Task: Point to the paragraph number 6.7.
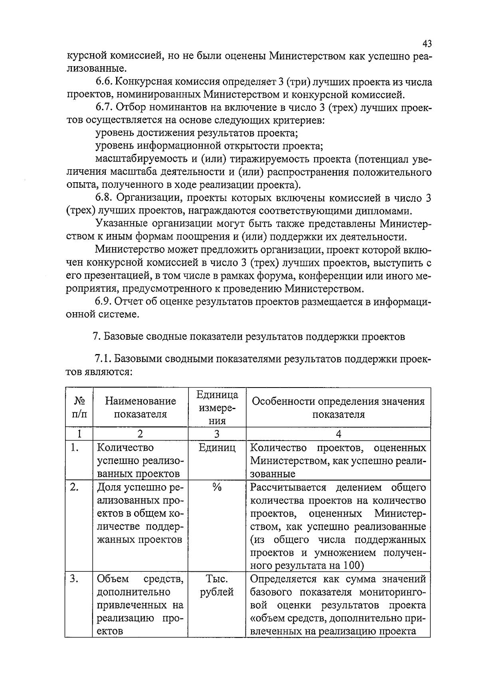(x=105, y=108)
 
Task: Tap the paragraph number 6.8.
(x=105, y=198)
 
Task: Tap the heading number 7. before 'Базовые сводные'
(x=96, y=337)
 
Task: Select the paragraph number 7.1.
(x=104, y=359)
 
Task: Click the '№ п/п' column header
(x=79, y=407)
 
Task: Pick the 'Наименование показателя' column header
(x=140, y=407)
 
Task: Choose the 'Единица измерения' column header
(x=217, y=407)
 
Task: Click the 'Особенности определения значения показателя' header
(x=338, y=407)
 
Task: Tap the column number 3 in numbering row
(x=217, y=434)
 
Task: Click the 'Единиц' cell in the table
(x=217, y=448)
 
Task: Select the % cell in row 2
(x=217, y=487)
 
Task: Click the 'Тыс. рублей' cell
(x=217, y=585)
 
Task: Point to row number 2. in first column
(x=74, y=487)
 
